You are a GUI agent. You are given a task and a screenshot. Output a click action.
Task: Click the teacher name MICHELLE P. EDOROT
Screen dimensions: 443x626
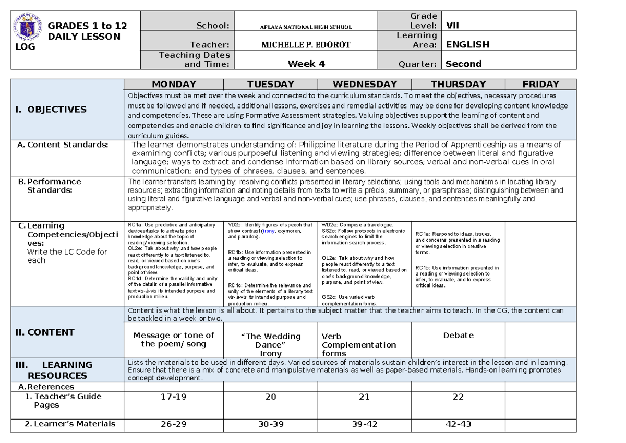tap(306, 45)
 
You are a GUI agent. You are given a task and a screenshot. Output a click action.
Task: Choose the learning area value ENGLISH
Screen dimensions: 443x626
tap(467, 45)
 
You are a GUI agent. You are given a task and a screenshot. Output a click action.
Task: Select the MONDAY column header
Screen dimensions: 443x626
tap(174, 84)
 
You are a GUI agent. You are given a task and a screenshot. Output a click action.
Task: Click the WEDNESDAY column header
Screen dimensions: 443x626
tap(365, 84)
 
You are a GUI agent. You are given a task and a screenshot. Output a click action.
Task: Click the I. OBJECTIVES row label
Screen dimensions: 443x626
tap(51, 109)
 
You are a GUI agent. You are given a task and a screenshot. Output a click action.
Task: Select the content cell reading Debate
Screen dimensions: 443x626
tap(458, 335)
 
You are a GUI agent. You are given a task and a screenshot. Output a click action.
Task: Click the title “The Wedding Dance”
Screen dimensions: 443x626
tap(270, 340)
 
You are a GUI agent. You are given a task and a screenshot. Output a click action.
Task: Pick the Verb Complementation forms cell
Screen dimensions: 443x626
tap(359, 345)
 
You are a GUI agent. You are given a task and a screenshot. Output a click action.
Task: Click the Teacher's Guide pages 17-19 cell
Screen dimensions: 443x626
tap(173, 397)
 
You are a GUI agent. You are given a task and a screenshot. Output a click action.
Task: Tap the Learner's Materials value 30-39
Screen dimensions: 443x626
tap(271, 424)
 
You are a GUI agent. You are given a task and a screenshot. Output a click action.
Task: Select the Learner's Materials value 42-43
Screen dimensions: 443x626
tap(458, 424)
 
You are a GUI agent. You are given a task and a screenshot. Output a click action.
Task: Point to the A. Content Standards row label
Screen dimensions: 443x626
tap(63, 145)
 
